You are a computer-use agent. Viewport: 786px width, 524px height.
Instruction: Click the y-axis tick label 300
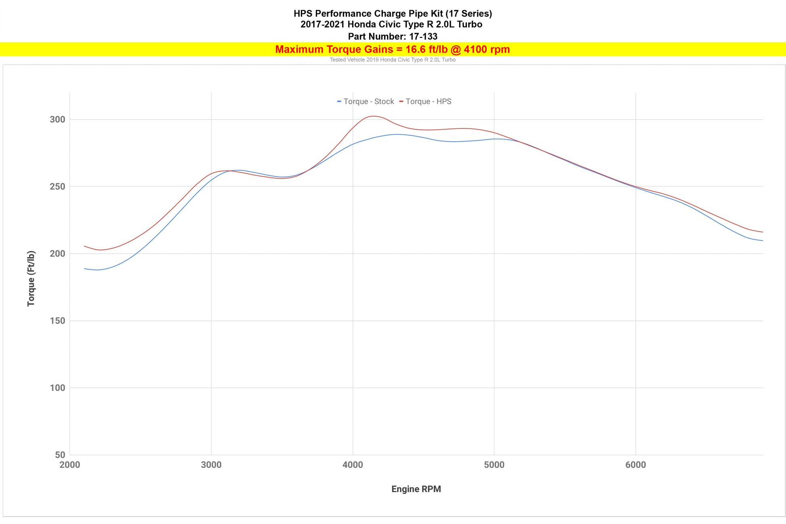(57, 120)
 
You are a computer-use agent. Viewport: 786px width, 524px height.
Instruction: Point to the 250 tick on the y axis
(57, 187)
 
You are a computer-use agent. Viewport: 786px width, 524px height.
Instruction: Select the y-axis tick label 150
(57, 321)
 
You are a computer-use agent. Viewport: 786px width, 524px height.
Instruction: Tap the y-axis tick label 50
(60, 455)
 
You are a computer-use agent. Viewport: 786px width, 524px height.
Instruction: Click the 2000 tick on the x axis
(70, 465)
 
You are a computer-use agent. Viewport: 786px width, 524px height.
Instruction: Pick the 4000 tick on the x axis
(353, 465)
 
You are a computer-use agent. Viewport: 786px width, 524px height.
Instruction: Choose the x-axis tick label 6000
(636, 465)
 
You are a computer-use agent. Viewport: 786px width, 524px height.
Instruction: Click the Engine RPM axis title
(416, 489)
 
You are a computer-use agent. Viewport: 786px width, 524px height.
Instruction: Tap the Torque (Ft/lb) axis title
(31, 279)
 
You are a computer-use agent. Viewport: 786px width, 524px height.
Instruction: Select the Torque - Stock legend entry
(366, 102)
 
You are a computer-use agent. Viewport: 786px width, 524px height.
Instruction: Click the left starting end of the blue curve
(84, 269)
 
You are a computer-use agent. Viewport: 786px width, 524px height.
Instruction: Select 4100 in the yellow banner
(475, 50)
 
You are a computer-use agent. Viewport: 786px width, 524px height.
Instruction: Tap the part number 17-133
(423, 37)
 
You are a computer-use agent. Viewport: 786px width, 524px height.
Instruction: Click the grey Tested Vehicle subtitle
(393, 60)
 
